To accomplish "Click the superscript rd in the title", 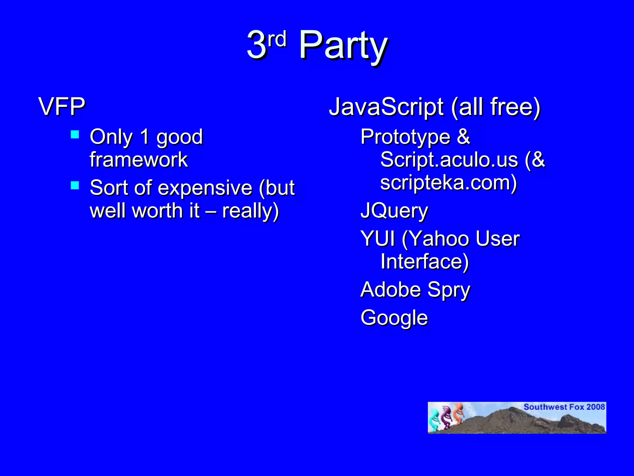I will (x=277, y=40).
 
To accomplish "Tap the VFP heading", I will (x=62, y=107).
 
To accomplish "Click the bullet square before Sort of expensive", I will (x=75, y=185).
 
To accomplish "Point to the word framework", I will (x=139, y=160).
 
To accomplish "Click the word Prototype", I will (x=406, y=137).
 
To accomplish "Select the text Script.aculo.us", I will (x=449, y=160).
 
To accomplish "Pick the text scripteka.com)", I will (x=449, y=183).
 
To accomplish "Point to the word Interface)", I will (x=425, y=262).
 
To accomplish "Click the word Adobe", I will (x=391, y=290).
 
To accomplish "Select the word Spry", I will (x=449, y=291).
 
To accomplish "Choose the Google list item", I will (x=394, y=318).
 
